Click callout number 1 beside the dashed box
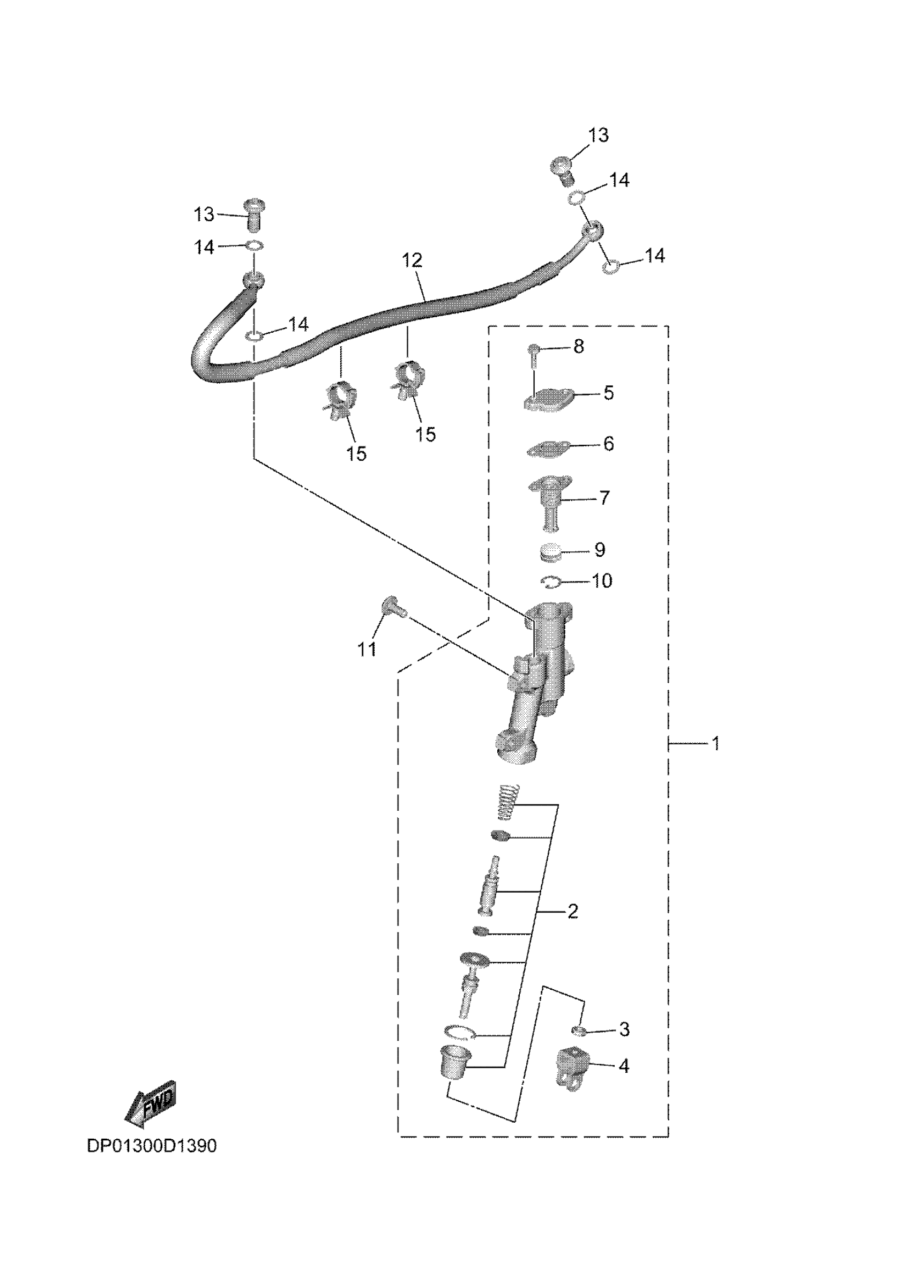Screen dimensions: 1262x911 click(x=715, y=743)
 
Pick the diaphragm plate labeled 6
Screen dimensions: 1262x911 click(x=549, y=449)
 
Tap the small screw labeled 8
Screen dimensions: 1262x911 click(x=533, y=354)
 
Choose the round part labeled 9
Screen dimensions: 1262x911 click(x=550, y=552)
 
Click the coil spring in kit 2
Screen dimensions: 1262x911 click(x=507, y=802)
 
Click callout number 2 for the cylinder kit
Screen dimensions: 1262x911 click(x=573, y=911)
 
